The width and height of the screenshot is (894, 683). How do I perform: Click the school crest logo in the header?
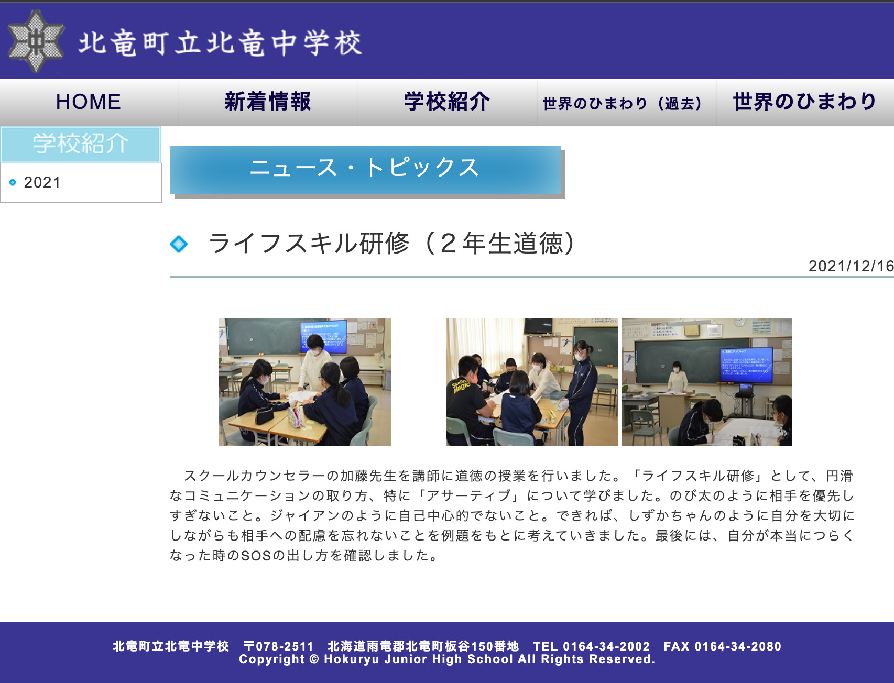[36, 41]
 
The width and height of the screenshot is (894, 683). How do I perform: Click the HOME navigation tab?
[89, 102]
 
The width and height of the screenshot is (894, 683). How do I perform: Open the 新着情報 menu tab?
[268, 102]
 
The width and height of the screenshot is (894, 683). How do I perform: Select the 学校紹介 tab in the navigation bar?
[447, 102]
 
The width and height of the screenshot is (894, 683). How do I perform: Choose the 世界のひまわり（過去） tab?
[622, 103]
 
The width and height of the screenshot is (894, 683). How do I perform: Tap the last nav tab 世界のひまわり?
[804, 102]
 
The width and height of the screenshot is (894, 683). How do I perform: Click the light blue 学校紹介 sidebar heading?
[81, 144]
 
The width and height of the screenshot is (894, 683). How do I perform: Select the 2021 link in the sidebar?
[42, 182]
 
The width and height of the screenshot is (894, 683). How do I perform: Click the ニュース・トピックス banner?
[365, 169]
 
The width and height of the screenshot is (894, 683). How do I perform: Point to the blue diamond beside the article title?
[179, 244]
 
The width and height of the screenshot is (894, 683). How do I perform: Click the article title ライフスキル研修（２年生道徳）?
[392, 244]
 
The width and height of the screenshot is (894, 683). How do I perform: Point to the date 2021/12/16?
[851, 266]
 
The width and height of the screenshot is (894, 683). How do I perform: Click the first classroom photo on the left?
[304, 382]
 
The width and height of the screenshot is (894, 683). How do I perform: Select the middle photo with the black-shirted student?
[532, 382]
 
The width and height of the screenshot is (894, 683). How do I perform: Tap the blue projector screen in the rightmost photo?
[746, 365]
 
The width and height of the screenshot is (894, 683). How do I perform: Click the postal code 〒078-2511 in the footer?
[278, 646]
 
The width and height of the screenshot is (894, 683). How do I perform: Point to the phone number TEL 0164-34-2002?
[591, 646]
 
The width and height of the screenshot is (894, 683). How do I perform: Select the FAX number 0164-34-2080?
[722, 646]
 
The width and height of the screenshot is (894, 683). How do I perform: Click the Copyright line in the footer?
[447, 659]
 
